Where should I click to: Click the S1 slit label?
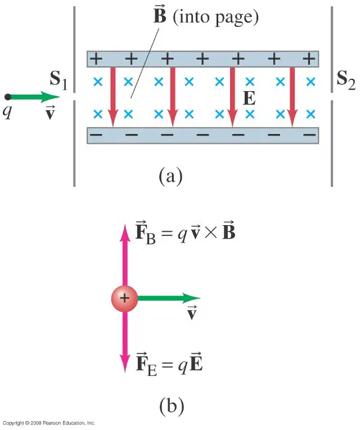click(58, 80)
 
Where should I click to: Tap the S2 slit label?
click(346, 80)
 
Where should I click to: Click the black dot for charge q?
click(8, 97)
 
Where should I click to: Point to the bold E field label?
click(249, 98)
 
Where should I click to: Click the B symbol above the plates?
click(160, 15)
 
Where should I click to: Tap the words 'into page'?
click(215, 17)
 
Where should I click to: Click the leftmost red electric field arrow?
click(113, 97)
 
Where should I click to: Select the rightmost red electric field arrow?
click(292, 97)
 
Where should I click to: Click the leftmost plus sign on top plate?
click(96, 59)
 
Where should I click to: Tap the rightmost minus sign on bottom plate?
click(309, 135)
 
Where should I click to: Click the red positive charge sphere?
click(124, 298)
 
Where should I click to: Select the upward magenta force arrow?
click(125, 255)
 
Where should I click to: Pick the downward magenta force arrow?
click(125, 342)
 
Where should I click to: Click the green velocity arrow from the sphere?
click(169, 298)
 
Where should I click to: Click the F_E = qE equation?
click(169, 364)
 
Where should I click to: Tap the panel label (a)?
click(170, 176)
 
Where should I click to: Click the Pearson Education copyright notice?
click(49, 423)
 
